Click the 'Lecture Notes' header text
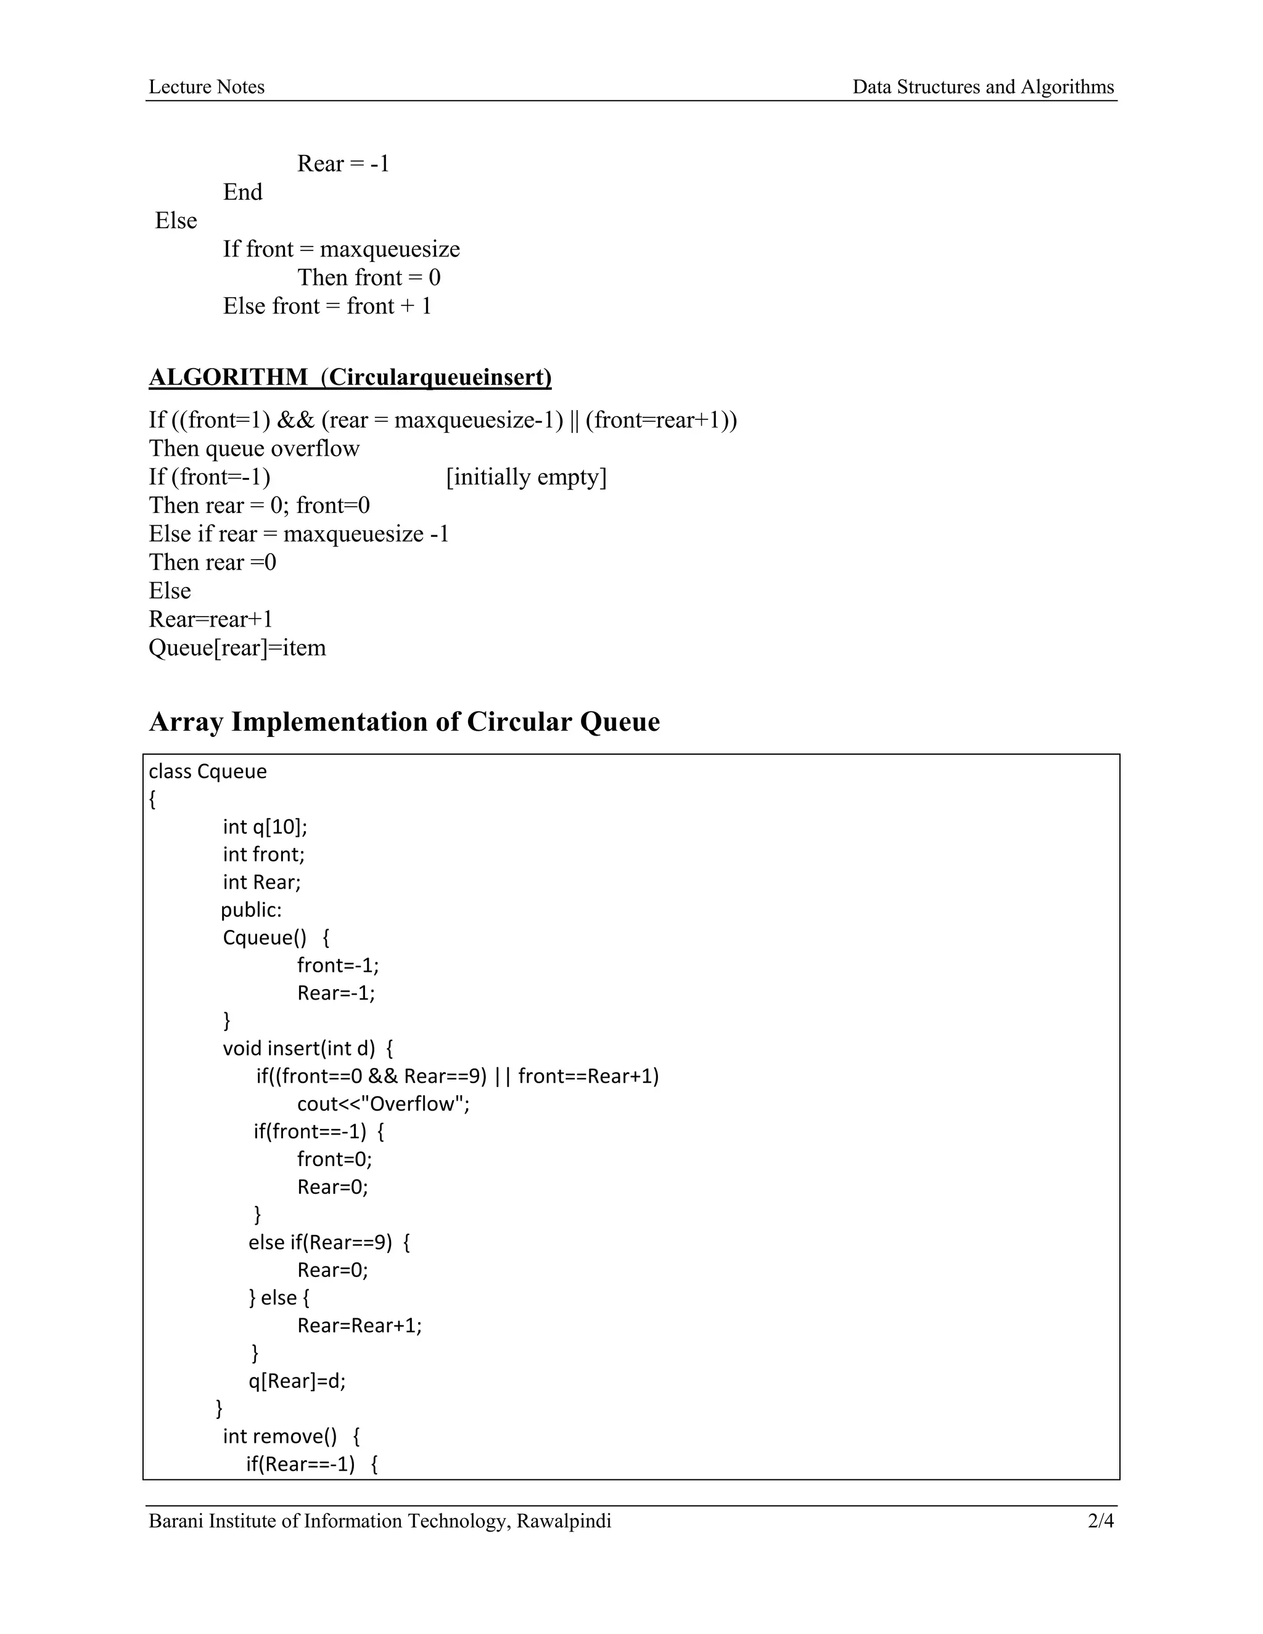207,87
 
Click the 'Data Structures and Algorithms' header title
982,87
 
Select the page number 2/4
1101,1521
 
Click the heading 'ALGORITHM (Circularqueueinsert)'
350,377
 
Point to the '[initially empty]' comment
526,477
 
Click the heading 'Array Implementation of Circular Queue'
404,722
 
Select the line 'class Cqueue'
207,771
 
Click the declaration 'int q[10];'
265,827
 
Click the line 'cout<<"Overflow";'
383,1104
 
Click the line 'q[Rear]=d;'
297,1381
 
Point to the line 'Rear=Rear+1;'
359,1325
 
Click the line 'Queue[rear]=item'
237,647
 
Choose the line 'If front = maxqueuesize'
341,249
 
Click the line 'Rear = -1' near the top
344,164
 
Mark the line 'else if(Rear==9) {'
329,1242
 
